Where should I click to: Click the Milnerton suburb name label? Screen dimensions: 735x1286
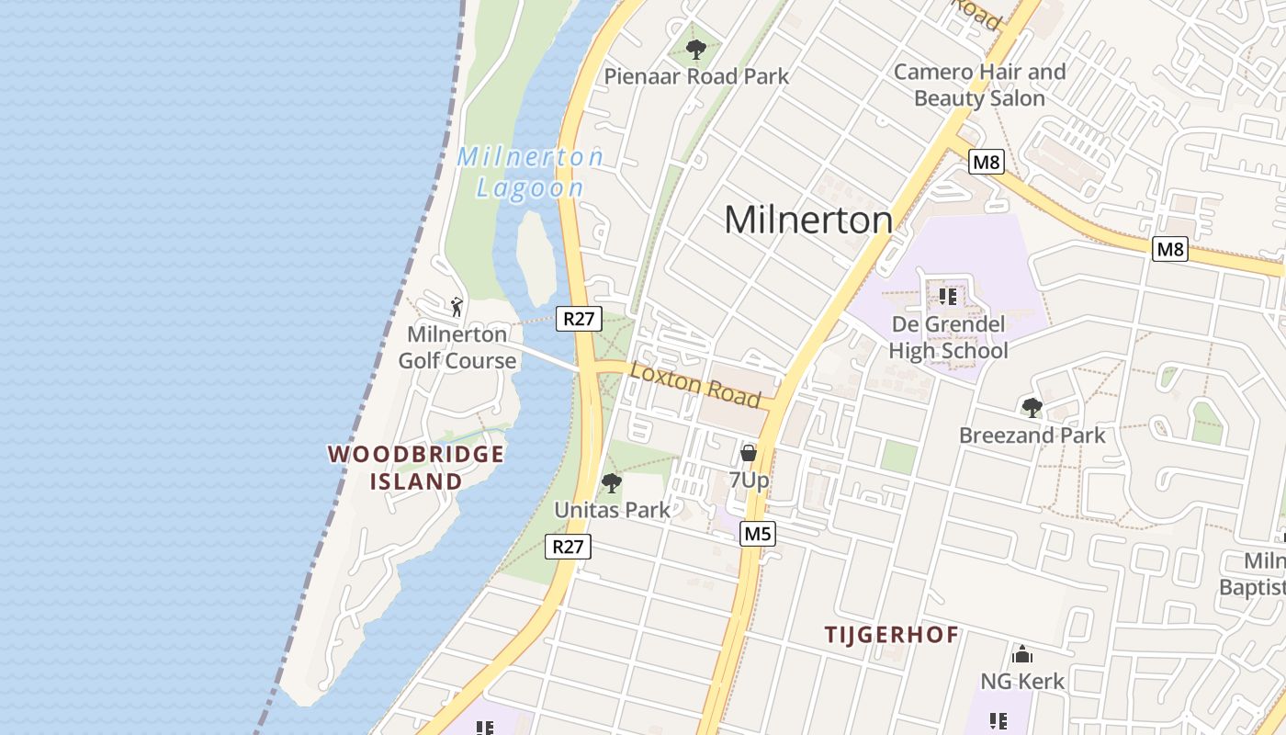click(807, 220)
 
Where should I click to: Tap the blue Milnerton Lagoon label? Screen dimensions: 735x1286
click(530, 172)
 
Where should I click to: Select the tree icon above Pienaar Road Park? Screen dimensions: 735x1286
click(696, 49)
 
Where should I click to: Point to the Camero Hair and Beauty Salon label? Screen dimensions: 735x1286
click(979, 85)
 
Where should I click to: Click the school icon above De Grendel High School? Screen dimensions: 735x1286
click(948, 297)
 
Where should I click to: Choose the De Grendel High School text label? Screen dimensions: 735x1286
click(948, 337)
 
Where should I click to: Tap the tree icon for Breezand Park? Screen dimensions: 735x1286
click(1032, 407)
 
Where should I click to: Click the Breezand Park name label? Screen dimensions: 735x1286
click(1032, 435)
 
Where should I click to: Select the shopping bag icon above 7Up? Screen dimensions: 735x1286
click(749, 453)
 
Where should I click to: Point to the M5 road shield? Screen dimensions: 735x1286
click(758, 533)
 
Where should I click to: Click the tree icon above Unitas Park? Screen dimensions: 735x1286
click(611, 482)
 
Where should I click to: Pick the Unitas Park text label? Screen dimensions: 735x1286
click(612, 509)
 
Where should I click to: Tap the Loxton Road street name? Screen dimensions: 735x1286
click(695, 384)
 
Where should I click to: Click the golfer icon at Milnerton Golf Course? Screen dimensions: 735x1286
click(457, 306)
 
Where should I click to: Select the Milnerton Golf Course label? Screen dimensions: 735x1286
click(457, 347)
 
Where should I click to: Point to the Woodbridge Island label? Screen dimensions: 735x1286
click(416, 468)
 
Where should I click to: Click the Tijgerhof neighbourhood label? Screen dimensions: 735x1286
click(891, 634)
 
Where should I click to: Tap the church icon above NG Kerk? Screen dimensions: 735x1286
click(1022, 654)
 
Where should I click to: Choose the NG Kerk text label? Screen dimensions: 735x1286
click(1022, 681)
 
